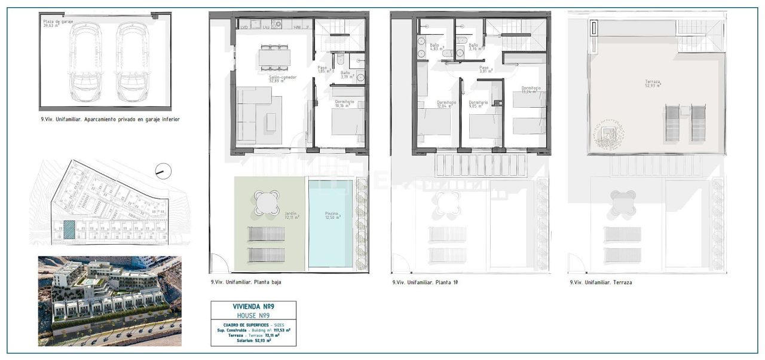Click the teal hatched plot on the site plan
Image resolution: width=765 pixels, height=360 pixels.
click(70, 230)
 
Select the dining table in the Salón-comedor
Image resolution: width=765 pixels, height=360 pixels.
click(275, 57)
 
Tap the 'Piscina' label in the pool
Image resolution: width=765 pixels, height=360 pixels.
click(332, 215)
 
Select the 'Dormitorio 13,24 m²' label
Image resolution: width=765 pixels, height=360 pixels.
click(531, 90)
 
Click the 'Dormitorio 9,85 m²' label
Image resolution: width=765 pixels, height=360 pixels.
click(478, 105)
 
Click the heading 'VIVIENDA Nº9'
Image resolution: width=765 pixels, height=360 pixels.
click(253, 307)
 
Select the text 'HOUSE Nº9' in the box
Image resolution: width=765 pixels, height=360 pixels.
click(253, 315)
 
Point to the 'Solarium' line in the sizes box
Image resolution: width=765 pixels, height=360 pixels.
click(253, 341)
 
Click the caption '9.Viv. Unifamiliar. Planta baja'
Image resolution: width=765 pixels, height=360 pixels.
click(246, 282)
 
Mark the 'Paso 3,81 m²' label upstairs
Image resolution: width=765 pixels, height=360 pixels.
click(484, 69)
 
